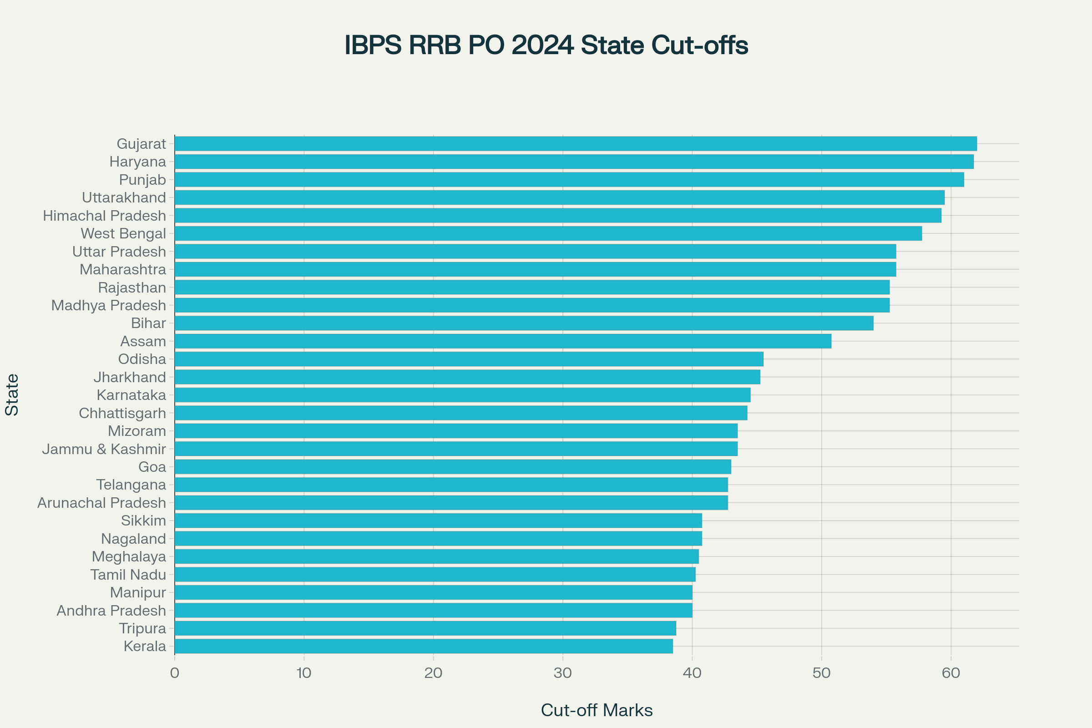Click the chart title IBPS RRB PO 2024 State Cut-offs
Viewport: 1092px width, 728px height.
point(546,45)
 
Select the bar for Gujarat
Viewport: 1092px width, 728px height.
point(576,144)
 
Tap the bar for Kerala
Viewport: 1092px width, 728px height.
point(424,646)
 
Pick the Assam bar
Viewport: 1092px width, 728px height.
point(503,341)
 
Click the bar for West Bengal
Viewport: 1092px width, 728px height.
point(548,233)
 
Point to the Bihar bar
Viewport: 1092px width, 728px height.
point(524,323)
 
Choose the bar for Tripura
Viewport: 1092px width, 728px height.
point(425,628)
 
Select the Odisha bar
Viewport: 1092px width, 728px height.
point(469,359)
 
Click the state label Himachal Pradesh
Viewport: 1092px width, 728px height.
point(105,216)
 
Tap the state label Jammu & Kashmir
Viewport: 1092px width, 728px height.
point(104,449)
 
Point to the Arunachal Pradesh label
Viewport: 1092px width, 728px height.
point(101,503)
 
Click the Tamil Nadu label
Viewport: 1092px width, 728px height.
point(128,575)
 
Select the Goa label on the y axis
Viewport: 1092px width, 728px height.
point(152,467)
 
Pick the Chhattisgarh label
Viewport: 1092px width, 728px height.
point(122,413)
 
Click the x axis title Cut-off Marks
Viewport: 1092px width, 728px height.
point(597,710)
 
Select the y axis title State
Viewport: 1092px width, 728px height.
point(12,394)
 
